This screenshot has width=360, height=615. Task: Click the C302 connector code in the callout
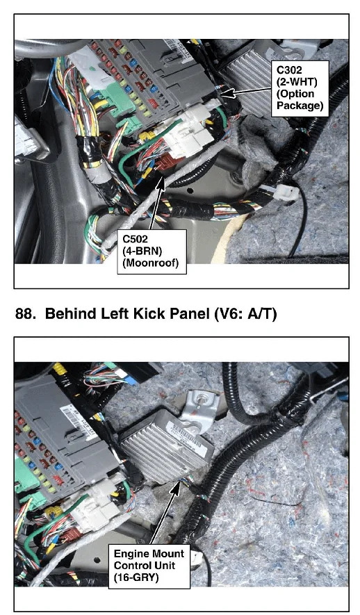pyautogui.click(x=289, y=69)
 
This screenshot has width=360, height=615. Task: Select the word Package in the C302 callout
pyautogui.click(x=300, y=106)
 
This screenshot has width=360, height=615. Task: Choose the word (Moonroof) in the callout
pyautogui.click(x=151, y=262)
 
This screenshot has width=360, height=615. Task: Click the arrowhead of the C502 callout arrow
pyautogui.click(x=161, y=181)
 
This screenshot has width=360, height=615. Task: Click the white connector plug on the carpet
pyautogui.click(x=285, y=192)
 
